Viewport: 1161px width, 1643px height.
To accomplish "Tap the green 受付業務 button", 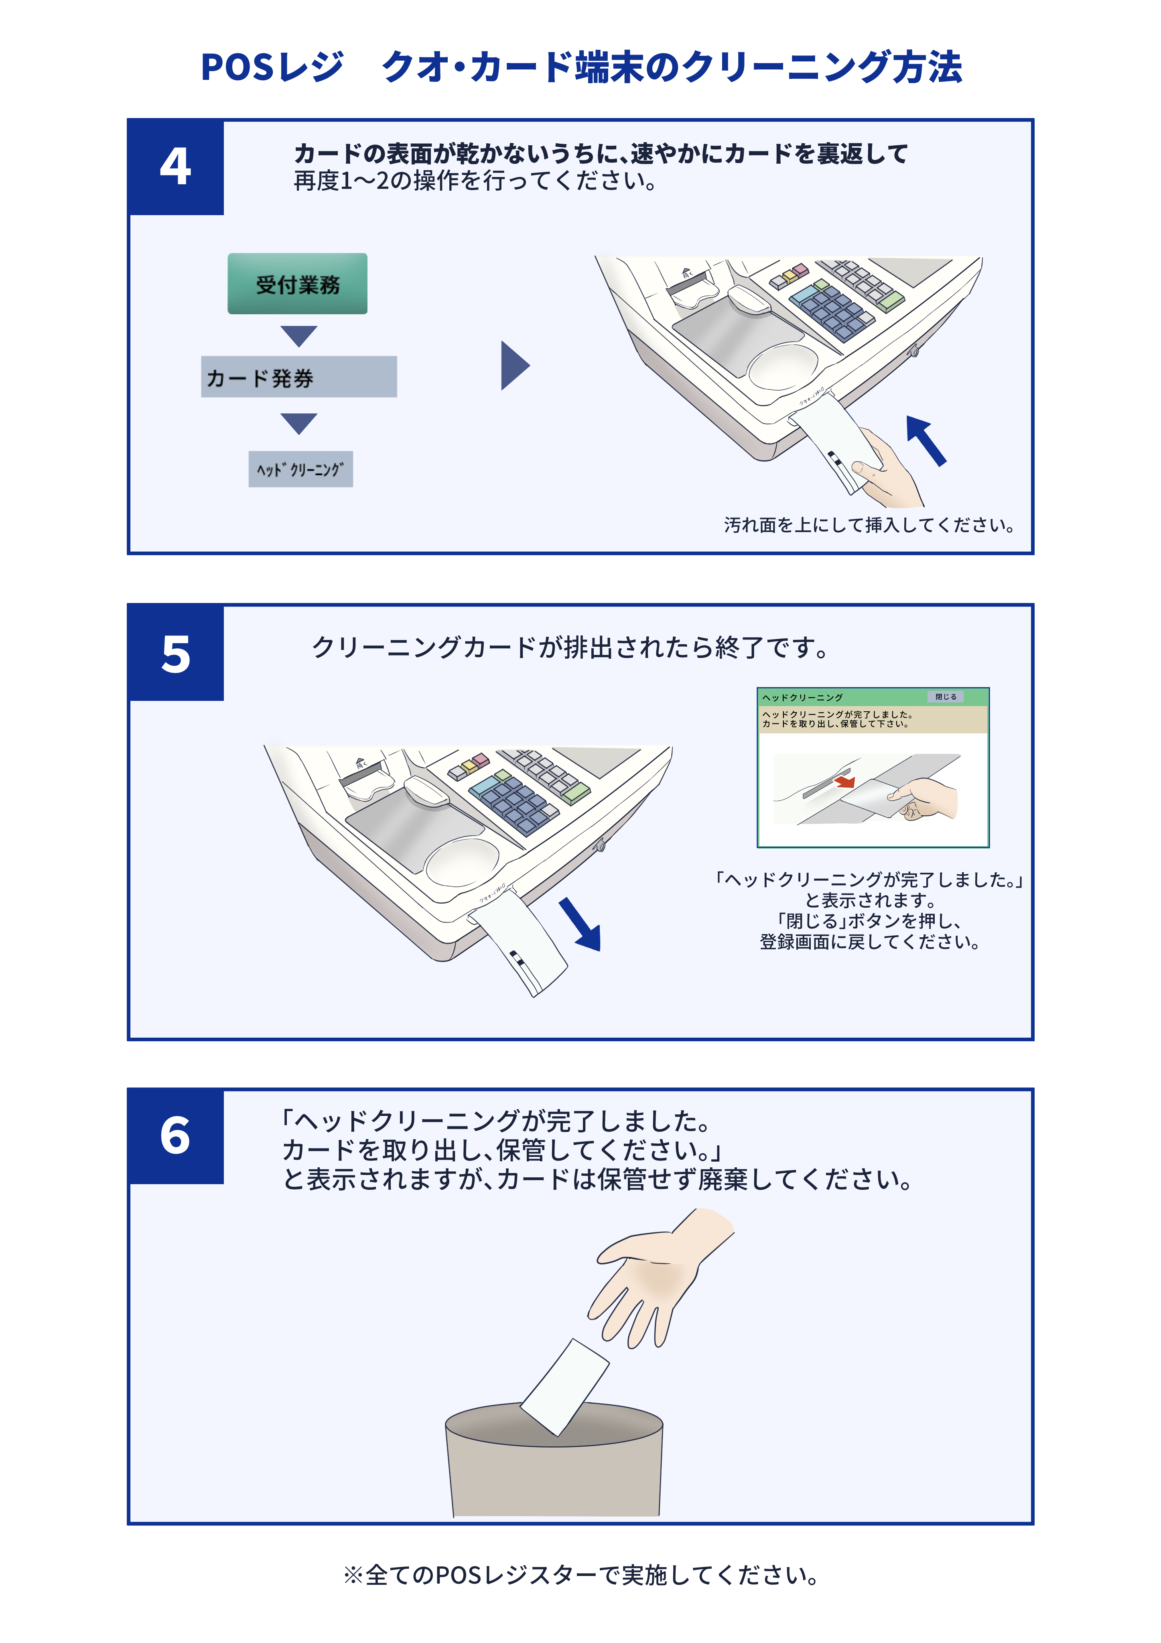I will point(298,284).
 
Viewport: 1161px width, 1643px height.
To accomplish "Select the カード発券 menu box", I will point(298,377).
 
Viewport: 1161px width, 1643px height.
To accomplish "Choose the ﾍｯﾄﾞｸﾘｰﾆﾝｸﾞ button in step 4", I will point(300,469).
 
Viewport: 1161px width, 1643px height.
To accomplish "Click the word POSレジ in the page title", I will point(272,68).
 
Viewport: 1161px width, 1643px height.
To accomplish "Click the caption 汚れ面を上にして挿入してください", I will point(869,525).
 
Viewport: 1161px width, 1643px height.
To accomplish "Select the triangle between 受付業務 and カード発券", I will point(298,335).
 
